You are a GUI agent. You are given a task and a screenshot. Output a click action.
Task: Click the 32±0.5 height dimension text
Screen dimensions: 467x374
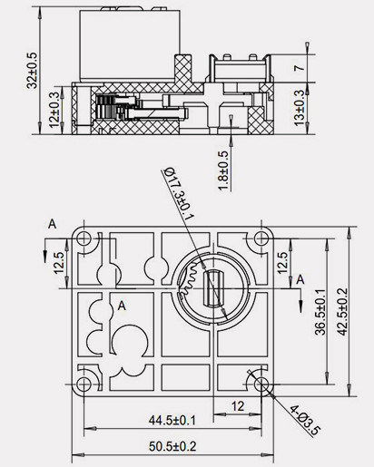pos(33,71)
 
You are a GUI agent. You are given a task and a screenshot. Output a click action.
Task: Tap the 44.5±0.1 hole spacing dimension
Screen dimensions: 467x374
pos(172,419)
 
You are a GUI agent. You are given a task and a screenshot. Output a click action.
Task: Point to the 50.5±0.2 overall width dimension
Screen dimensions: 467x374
pos(172,445)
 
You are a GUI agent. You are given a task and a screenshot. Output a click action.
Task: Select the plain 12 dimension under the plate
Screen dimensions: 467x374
pos(239,404)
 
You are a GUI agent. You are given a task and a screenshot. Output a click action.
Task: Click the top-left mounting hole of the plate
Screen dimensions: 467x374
pos(84,238)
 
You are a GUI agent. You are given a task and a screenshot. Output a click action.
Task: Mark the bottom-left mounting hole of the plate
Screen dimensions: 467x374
pos(84,384)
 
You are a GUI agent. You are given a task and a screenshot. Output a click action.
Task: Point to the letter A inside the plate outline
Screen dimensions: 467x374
pos(121,306)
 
